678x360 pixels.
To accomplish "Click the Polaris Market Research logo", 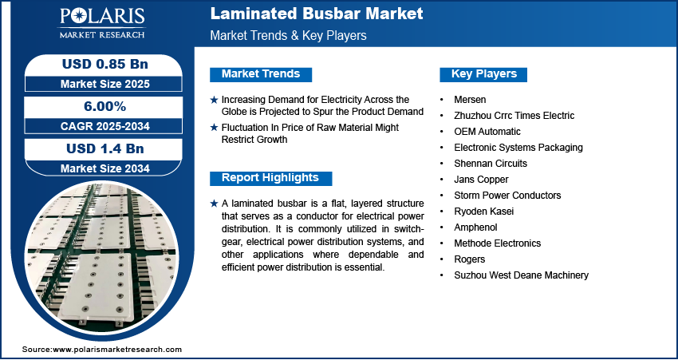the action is [x=102, y=23].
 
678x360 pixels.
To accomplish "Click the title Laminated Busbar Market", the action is [x=317, y=14].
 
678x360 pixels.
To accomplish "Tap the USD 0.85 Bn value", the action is [x=105, y=64].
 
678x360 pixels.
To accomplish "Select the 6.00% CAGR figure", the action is [x=104, y=106].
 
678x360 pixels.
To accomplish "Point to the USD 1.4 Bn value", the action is [x=105, y=148].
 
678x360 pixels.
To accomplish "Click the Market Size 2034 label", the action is [x=105, y=168].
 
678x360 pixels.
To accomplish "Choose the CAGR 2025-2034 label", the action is [x=105, y=126].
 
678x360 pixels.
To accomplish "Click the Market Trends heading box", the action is [x=261, y=74].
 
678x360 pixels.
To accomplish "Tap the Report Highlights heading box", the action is [x=270, y=178].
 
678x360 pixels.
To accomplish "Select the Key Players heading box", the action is [x=483, y=74].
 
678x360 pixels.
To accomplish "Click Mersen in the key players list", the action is [x=470, y=100].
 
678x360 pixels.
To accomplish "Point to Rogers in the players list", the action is [x=470, y=259].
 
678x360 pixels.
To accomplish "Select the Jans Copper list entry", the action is [x=481, y=180].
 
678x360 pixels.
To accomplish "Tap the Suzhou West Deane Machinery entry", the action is [x=522, y=275].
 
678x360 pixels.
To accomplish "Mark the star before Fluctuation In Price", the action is [x=214, y=128].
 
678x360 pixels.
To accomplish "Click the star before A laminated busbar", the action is [x=214, y=204].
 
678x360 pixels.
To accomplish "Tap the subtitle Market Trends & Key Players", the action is [x=289, y=35].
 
